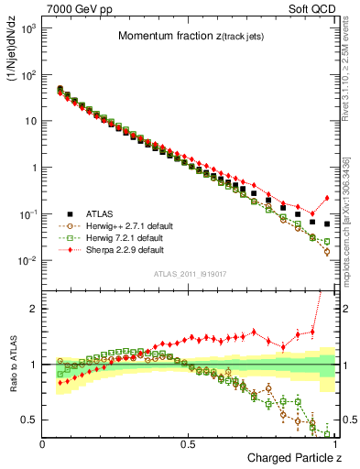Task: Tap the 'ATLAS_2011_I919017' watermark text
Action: pyautogui.click(x=189, y=272)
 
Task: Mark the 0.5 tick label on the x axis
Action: pyautogui.click(x=189, y=443)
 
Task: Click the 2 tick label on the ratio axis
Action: pyautogui.click(x=35, y=309)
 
